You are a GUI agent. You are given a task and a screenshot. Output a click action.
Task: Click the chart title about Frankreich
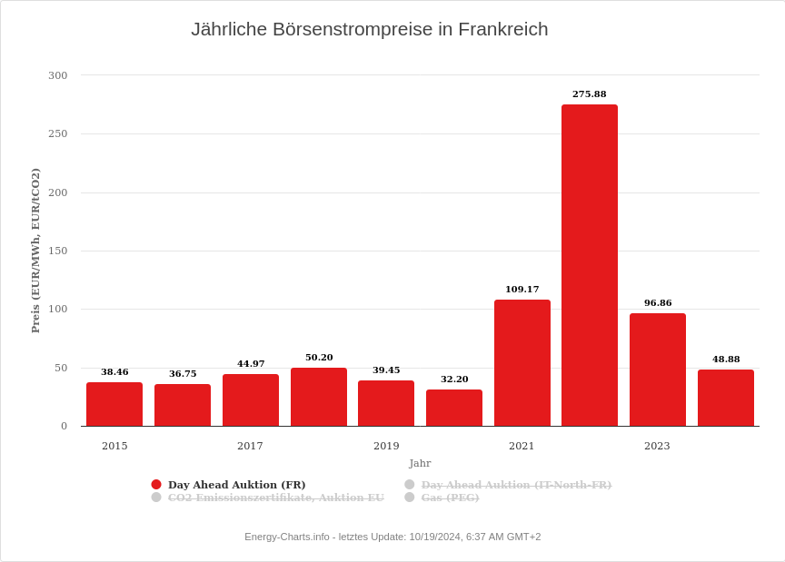pyautogui.click(x=369, y=29)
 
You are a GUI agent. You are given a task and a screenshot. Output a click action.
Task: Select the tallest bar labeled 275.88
pyautogui.click(x=590, y=265)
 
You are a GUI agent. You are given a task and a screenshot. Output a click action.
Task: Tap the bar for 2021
pyautogui.click(x=522, y=363)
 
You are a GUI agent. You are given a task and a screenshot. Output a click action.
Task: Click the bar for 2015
pyautogui.click(x=114, y=404)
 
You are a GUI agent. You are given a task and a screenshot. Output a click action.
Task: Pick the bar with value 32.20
pyautogui.click(x=454, y=408)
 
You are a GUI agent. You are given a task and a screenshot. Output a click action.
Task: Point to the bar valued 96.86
pyautogui.click(x=658, y=370)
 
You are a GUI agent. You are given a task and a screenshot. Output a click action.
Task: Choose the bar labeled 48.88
pyautogui.click(x=726, y=398)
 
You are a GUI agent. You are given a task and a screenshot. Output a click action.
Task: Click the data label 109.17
pyautogui.click(x=522, y=290)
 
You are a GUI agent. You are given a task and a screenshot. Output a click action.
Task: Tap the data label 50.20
pyautogui.click(x=319, y=358)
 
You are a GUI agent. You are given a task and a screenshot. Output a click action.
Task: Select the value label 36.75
pyautogui.click(x=183, y=374)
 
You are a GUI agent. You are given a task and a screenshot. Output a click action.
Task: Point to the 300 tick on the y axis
pyautogui.click(x=58, y=75)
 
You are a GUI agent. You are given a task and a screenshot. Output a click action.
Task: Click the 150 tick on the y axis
pyautogui.click(x=58, y=251)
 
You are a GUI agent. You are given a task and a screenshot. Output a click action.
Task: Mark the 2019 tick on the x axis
pyautogui.click(x=386, y=446)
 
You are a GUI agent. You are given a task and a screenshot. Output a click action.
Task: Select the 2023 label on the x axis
pyautogui.click(x=657, y=446)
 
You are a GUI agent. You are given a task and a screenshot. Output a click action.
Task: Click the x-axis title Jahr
pyautogui.click(x=420, y=463)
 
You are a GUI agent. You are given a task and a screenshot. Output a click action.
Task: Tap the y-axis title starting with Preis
pyautogui.click(x=35, y=251)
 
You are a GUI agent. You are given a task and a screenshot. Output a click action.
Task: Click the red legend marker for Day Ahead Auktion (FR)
pyautogui.click(x=156, y=485)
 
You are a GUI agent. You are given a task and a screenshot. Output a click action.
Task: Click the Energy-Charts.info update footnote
pyautogui.click(x=392, y=537)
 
